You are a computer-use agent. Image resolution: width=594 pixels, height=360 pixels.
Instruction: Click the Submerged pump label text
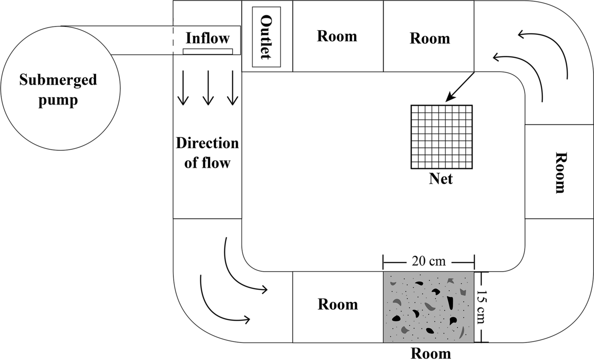[58, 90]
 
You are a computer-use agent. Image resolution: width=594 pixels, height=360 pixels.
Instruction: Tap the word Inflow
[207, 38]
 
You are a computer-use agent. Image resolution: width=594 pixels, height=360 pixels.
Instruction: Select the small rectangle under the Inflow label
[208, 52]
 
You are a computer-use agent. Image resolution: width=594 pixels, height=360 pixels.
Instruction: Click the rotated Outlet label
[266, 37]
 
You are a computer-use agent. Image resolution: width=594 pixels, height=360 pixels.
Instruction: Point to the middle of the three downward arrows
[208, 88]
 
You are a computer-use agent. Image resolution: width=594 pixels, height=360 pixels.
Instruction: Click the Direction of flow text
[207, 153]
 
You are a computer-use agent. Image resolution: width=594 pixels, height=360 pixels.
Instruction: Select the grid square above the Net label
[441, 136]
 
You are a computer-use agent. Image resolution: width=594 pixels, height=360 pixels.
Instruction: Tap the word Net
[441, 179]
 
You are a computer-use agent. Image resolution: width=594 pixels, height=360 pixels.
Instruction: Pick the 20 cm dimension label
[428, 261]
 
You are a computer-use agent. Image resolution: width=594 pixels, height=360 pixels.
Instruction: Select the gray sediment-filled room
[428, 307]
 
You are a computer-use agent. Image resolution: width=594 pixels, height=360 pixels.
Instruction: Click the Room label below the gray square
[430, 353]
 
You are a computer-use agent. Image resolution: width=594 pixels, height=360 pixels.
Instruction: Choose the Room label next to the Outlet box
[337, 36]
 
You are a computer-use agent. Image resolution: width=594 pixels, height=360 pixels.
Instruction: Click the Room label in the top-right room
[430, 38]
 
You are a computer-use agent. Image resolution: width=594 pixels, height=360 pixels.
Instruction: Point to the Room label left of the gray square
[338, 304]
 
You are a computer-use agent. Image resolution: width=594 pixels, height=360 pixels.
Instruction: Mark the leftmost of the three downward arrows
[183, 88]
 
